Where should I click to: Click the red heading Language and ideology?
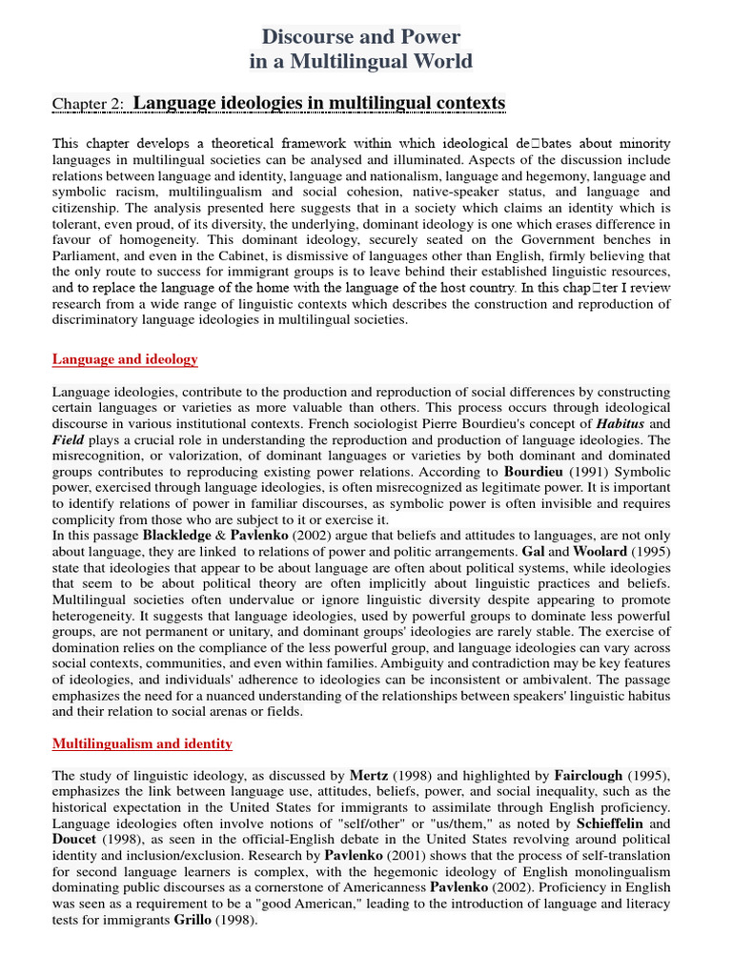click(125, 359)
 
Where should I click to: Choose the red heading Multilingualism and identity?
click(142, 743)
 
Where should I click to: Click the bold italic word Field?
click(69, 439)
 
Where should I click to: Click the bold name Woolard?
click(600, 552)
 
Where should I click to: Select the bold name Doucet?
click(74, 840)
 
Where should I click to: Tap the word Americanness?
click(377, 888)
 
